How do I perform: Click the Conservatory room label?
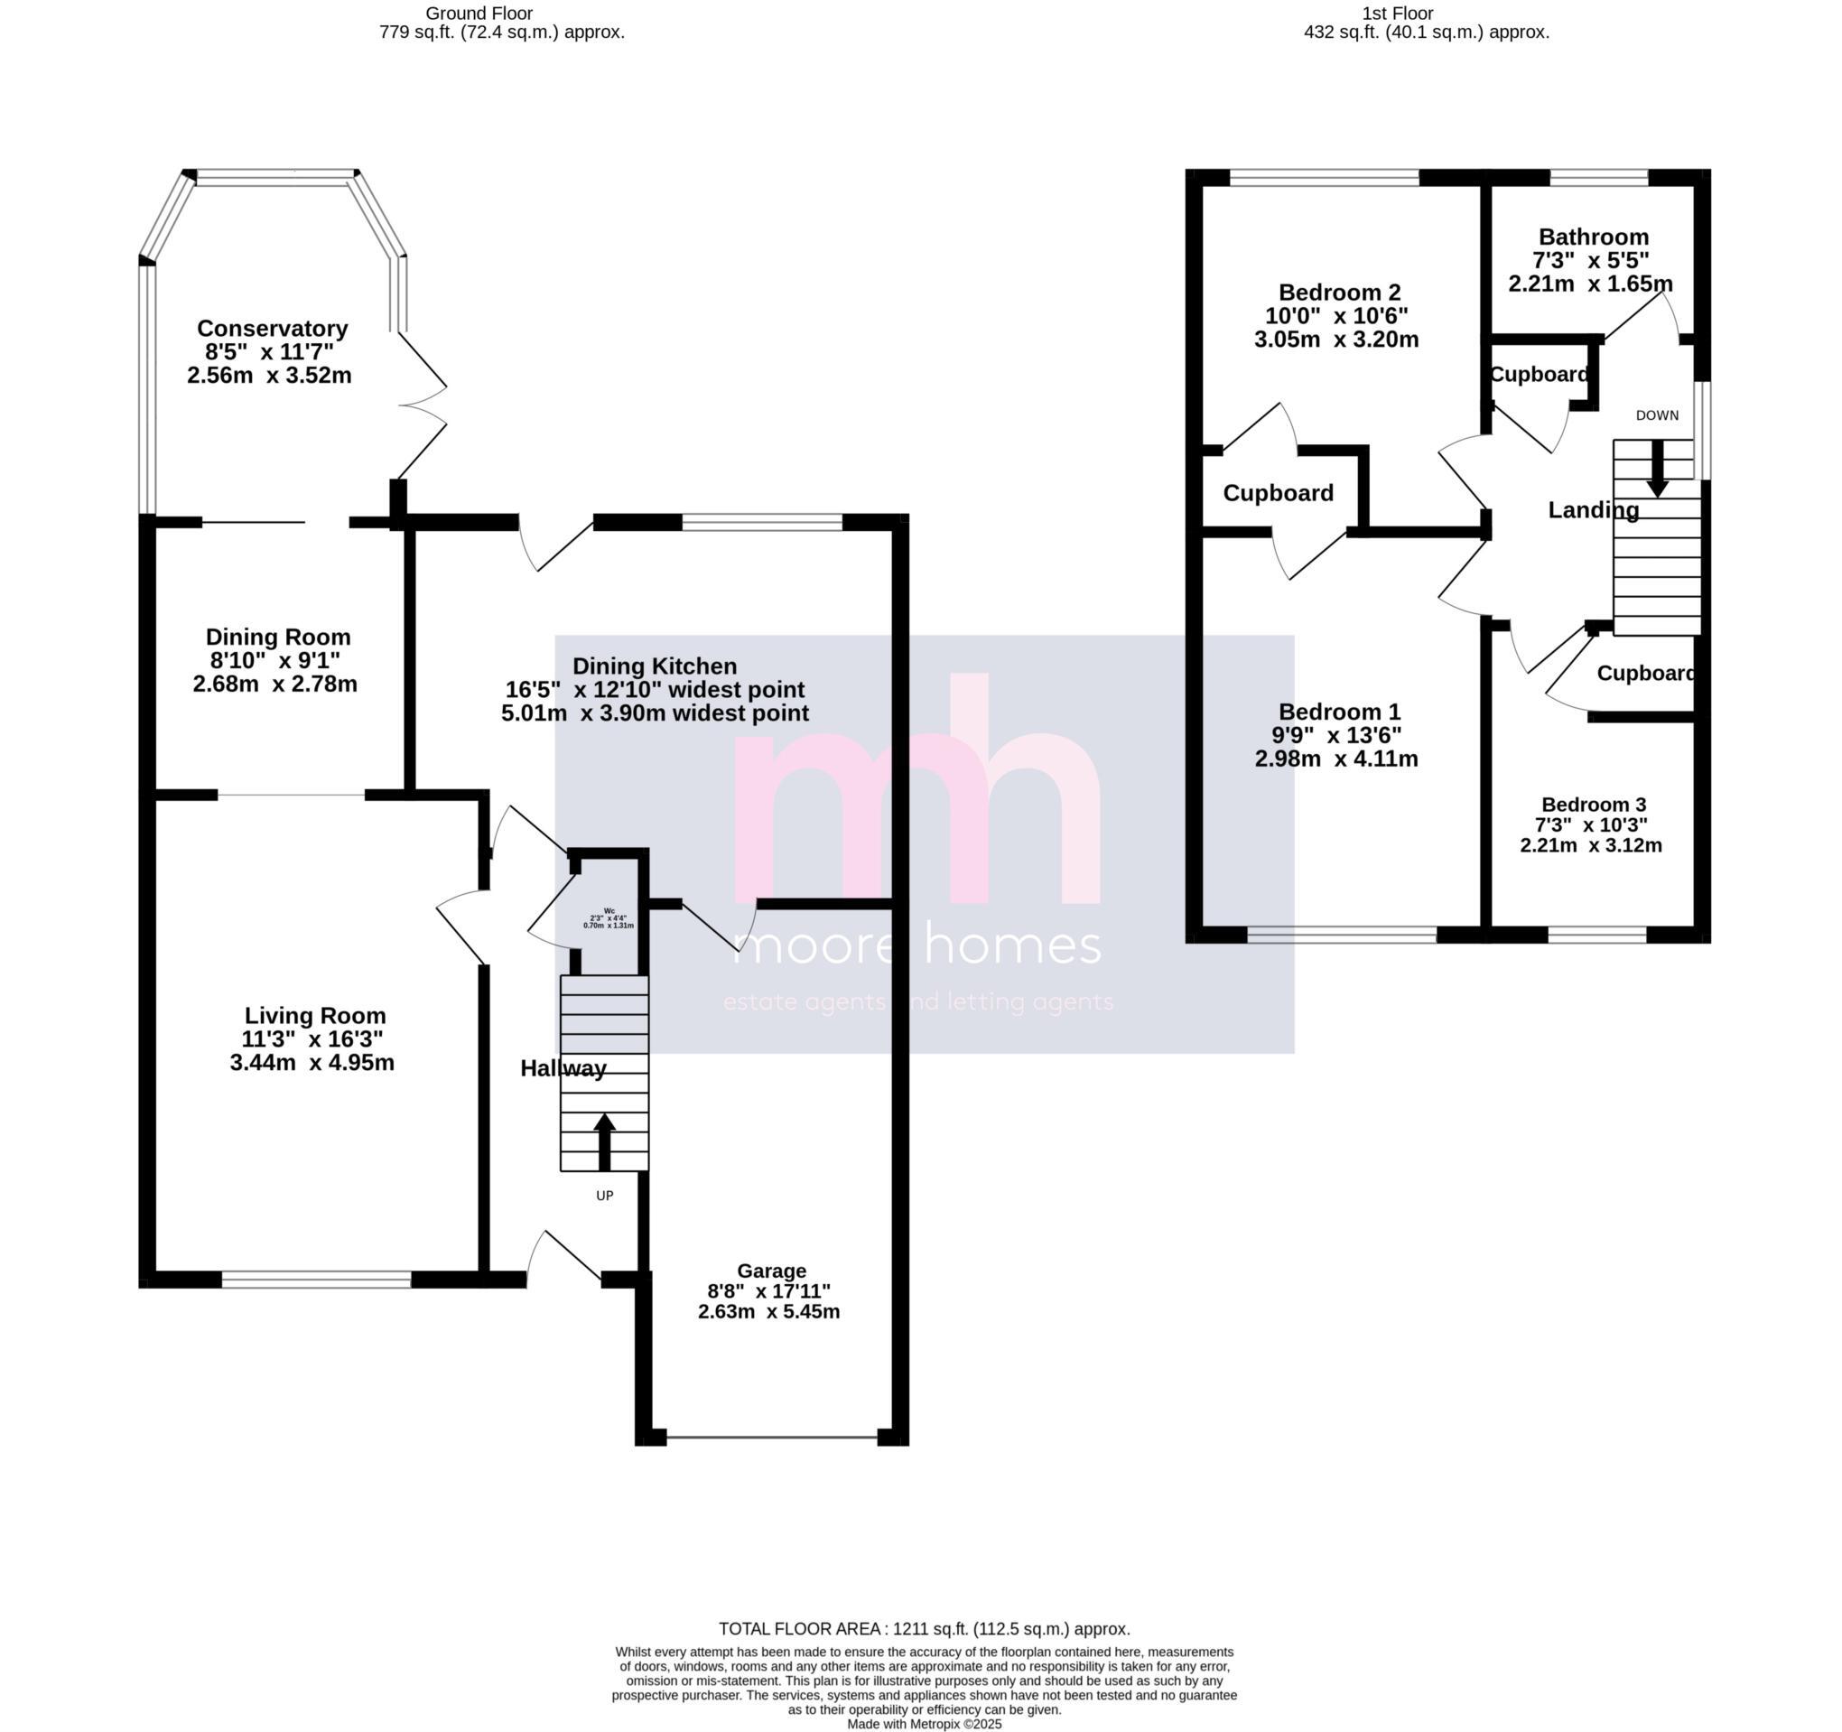(x=273, y=328)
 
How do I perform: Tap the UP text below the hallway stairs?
(x=604, y=1196)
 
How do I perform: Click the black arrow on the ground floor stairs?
(x=604, y=1141)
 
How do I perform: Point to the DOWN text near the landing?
(x=1657, y=415)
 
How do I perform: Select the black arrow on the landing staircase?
(x=1657, y=469)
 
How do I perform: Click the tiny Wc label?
(x=609, y=910)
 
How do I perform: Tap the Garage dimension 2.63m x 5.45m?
(x=768, y=1311)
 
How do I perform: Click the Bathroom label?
(x=1593, y=237)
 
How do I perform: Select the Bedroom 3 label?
(x=1593, y=805)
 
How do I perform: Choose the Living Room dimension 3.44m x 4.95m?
(x=312, y=1062)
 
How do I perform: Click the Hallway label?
(x=563, y=1068)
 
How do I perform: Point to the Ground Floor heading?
(x=479, y=13)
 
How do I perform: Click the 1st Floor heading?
(x=1397, y=13)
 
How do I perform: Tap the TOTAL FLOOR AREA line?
(x=924, y=1629)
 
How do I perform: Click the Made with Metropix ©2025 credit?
(x=924, y=1724)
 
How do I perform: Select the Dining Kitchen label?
(x=654, y=666)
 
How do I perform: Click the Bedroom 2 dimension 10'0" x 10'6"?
(x=1336, y=316)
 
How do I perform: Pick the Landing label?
(x=1593, y=509)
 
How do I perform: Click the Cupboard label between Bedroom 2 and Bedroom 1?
(x=1278, y=493)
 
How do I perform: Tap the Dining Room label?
(x=278, y=637)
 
